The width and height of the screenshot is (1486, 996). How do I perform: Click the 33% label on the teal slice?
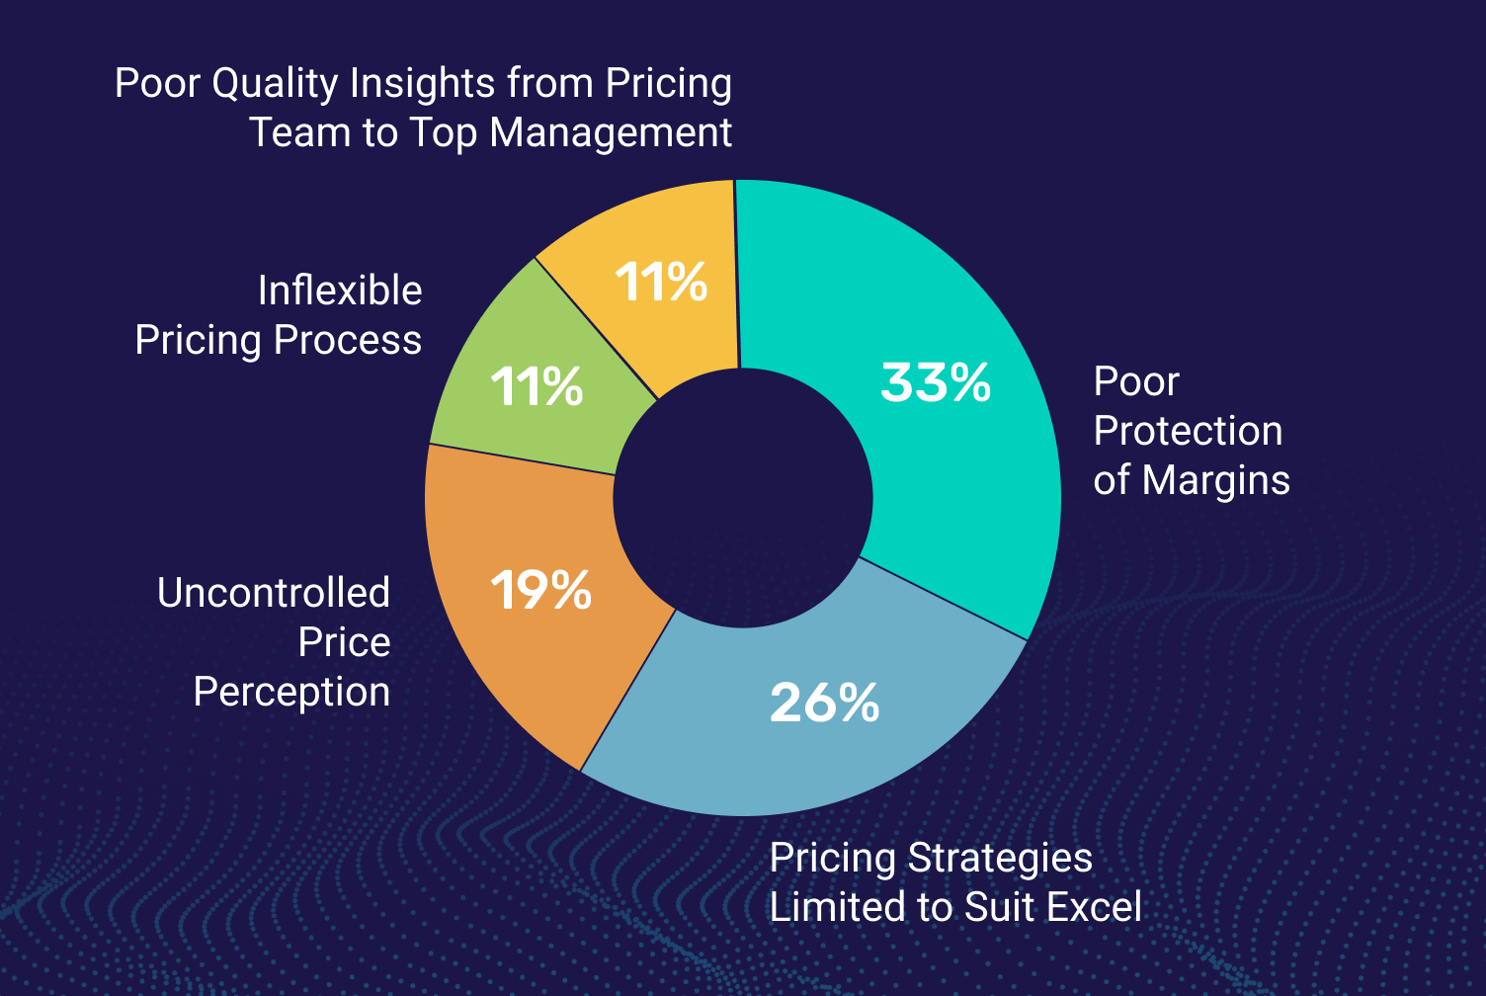click(936, 382)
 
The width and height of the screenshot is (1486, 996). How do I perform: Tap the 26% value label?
click(825, 703)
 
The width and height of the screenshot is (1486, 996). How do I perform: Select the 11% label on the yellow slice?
click(661, 282)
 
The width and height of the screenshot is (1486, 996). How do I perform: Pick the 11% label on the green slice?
click(537, 386)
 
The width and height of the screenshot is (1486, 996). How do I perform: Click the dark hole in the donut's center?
click(742, 498)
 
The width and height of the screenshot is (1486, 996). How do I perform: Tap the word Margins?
click(1216, 480)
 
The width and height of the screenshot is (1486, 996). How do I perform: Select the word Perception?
click(291, 693)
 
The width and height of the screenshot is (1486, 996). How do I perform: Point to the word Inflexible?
click(340, 290)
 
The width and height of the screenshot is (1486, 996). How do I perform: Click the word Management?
click(611, 132)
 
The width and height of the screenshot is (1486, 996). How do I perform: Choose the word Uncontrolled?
click(274, 593)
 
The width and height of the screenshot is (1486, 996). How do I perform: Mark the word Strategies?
click(1000, 859)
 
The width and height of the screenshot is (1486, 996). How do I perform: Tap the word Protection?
click(1189, 431)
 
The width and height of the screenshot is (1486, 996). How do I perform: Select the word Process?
click(348, 340)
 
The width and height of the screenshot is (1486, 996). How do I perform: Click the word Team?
click(300, 132)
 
